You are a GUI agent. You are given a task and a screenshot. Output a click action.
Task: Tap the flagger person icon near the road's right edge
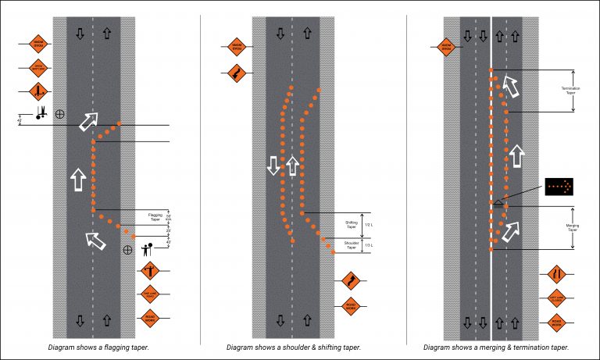coord(146,251)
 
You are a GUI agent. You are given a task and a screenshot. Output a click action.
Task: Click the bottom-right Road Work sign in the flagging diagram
coord(150,317)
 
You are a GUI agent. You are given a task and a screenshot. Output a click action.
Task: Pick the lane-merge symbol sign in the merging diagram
coord(555,274)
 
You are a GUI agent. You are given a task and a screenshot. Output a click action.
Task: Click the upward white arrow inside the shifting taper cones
coord(292,165)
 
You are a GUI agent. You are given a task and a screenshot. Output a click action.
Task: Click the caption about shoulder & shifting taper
coord(293,347)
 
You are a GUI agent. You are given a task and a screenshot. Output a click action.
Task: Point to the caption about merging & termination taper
coord(496,347)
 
